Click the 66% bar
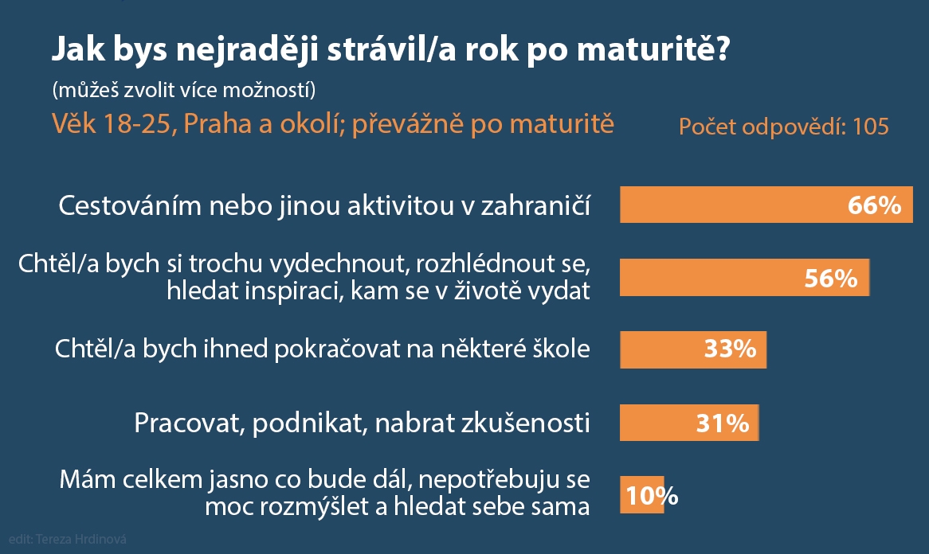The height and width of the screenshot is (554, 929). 766,205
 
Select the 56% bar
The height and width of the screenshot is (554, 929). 745,278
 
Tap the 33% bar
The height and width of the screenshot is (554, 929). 693,349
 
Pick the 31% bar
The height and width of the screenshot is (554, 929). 689,423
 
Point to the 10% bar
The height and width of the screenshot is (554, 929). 641,495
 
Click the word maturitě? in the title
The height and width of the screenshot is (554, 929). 653,49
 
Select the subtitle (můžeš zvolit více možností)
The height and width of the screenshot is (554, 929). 184,90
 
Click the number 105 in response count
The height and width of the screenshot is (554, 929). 870,127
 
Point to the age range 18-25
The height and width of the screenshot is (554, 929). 139,124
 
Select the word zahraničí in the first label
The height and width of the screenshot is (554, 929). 535,206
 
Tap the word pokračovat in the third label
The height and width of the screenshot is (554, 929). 337,349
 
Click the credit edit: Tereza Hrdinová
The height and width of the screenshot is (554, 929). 68,539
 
